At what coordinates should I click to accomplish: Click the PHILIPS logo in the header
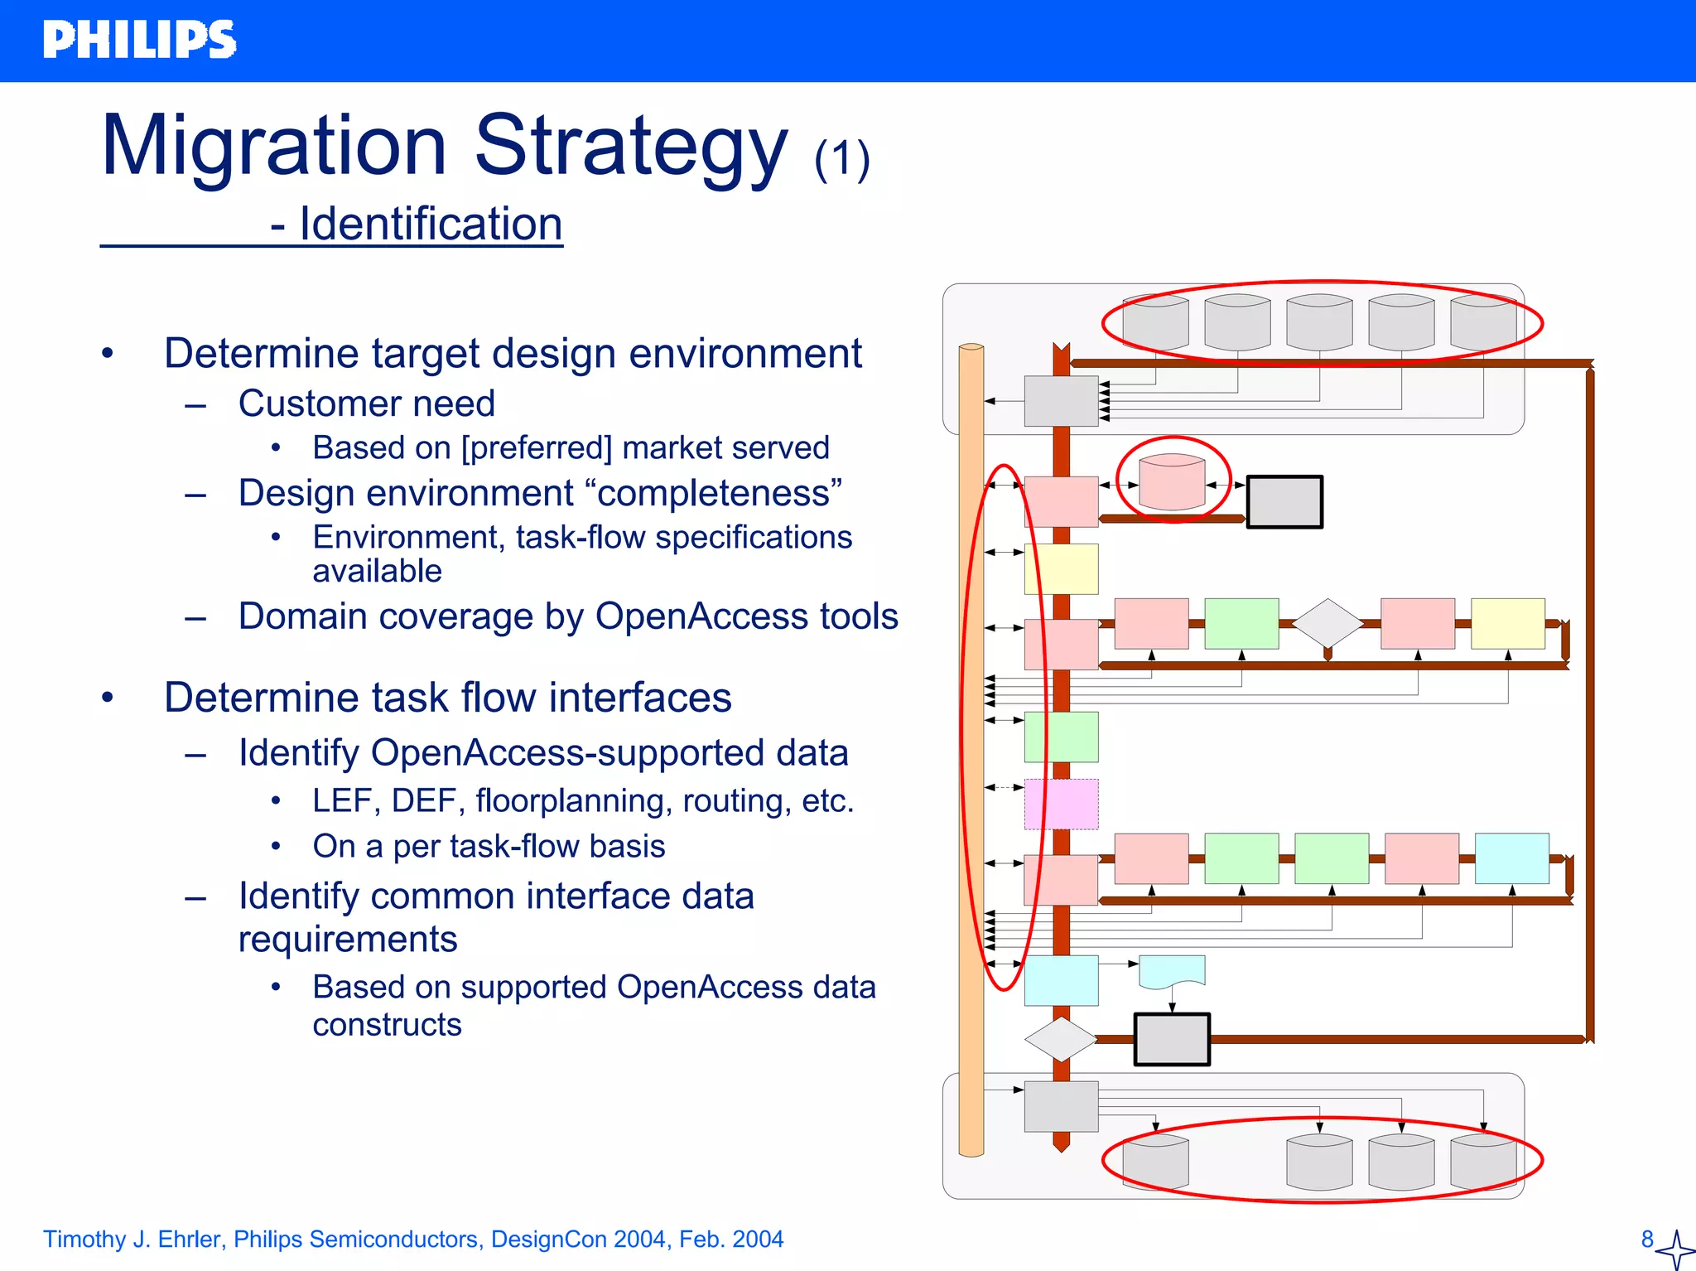tap(139, 40)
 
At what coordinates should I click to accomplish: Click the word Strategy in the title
tap(629, 147)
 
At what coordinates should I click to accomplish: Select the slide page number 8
tap(1647, 1239)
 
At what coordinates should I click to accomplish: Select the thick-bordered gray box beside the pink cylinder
tap(1284, 501)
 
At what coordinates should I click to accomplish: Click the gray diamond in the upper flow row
tap(1327, 623)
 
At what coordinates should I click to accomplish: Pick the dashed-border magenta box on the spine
tap(1061, 804)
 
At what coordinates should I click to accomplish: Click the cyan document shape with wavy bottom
tap(1171, 971)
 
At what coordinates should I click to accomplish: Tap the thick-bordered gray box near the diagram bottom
tap(1171, 1039)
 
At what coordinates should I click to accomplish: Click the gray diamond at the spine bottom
tap(1060, 1039)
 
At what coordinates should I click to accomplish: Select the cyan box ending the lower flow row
tap(1511, 858)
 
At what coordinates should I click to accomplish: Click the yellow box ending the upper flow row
tap(1507, 623)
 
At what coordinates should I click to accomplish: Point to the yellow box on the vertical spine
tap(1061, 568)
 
